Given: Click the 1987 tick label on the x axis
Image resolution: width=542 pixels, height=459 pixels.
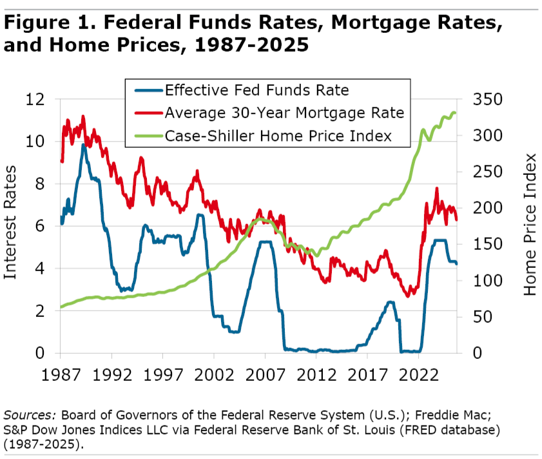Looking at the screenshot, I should point(60,374).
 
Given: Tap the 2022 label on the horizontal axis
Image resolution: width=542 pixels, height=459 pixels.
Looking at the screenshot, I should point(418,374).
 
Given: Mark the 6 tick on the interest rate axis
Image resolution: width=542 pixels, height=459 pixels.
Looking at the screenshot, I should point(40,226).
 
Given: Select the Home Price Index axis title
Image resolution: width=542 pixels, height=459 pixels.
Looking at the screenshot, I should point(530,225).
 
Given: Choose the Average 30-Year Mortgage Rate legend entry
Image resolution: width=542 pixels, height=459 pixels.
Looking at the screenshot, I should point(284,113).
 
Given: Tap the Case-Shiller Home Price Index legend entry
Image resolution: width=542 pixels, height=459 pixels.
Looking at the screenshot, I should point(278,136).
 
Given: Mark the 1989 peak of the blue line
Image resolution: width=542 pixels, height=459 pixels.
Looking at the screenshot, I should point(83,145).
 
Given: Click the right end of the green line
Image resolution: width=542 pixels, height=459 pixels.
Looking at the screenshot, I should point(456,113).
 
